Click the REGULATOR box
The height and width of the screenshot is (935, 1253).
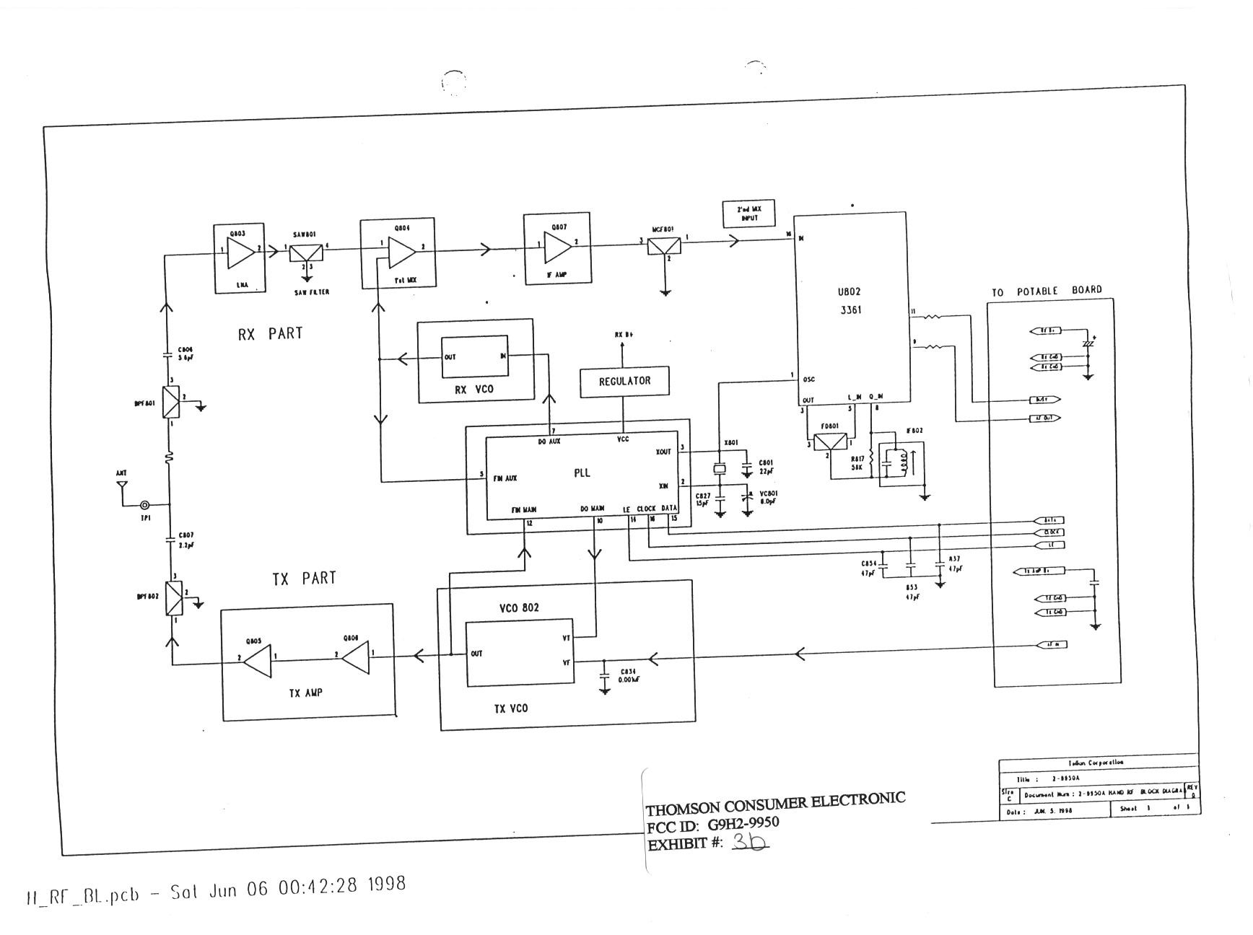(624, 381)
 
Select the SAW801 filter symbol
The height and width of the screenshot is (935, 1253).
(307, 252)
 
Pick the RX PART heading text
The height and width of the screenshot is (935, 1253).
(270, 333)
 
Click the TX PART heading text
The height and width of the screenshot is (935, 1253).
(304, 578)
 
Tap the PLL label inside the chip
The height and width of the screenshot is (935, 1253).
(582, 473)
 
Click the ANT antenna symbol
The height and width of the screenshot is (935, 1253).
(122, 486)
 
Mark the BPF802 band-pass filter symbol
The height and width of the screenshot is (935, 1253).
(173, 598)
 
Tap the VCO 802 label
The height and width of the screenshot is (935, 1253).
(518, 607)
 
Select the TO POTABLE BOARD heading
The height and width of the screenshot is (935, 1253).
(1047, 291)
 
